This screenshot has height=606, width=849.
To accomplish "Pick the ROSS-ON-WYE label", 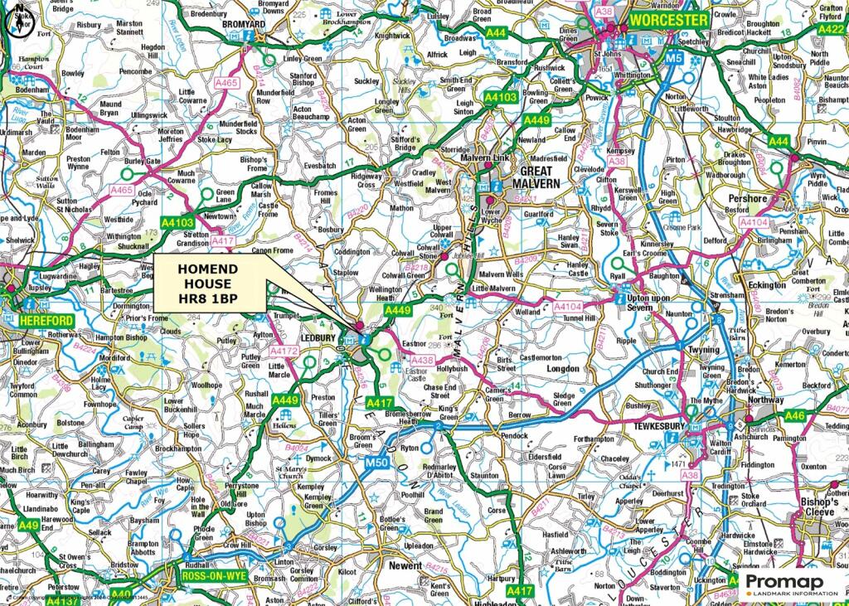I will pyautogui.click(x=202, y=573).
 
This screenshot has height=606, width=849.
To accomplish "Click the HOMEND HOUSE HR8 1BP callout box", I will pyautogui.click(x=210, y=285).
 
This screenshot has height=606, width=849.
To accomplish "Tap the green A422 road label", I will pyautogui.click(x=831, y=29).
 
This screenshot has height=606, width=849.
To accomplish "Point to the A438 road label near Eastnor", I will pyautogui.click(x=422, y=360).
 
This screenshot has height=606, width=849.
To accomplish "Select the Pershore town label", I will pyautogui.click(x=748, y=199).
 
